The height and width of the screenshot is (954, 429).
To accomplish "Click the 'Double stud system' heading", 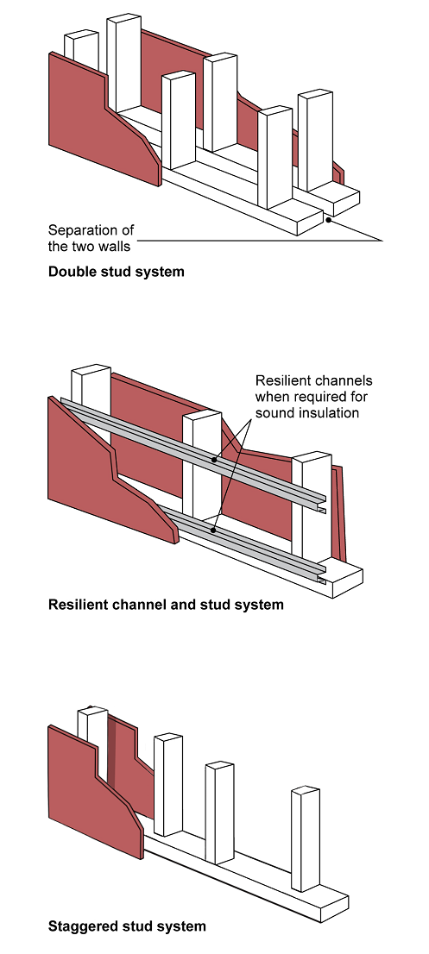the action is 116,272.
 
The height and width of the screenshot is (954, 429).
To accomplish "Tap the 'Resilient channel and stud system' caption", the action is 166,605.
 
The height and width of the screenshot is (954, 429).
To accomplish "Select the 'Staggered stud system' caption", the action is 127,926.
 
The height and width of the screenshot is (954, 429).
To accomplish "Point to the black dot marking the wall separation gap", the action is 328,220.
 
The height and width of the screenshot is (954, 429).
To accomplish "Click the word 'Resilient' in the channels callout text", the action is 281,381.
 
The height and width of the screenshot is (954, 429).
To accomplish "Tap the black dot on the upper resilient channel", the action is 214,460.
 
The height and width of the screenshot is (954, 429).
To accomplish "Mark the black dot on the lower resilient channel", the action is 213,530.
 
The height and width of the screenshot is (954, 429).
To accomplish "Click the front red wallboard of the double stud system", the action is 104,119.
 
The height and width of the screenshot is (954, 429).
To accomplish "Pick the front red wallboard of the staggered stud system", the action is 96,791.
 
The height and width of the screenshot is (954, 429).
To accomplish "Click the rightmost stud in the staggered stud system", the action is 306,839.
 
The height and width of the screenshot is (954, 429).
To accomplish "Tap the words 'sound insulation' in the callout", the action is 306,413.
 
